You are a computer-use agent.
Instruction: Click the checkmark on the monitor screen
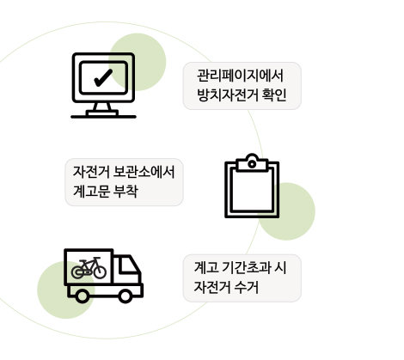103,78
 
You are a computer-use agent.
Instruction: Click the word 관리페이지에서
240,76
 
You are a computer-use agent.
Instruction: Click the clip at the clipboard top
252,162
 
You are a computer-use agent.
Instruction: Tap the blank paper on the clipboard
252,191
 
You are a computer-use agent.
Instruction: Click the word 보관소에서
144,172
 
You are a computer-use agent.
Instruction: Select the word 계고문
91,191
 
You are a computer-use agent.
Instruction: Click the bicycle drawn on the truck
89,268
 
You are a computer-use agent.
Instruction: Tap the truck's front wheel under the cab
125,296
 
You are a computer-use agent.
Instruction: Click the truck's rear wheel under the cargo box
83,296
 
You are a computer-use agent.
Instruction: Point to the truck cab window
128,265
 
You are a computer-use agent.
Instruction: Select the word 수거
247,287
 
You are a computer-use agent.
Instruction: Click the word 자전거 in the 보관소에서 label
91,172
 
